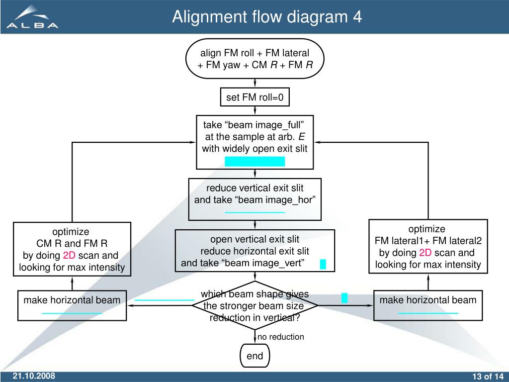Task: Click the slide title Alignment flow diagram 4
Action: [267, 16]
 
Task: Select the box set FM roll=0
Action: [255, 97]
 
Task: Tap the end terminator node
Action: [255, 356]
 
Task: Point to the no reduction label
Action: [281, 337]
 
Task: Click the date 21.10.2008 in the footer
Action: [34, 376]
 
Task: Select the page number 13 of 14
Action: [488, 377]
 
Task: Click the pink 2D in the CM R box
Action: [69, 255]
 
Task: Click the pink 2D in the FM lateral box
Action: [425, 253]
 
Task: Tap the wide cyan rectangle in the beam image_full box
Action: [255, 162]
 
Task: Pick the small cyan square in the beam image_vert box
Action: [323, 264]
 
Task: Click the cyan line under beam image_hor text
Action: [255, 212]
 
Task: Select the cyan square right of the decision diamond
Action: [344, 298]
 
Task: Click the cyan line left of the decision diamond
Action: [165, 300]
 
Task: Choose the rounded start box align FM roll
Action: [255, 59]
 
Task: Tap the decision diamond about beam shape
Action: [255, 306]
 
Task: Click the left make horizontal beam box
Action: [72, 306]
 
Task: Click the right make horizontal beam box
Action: [428, 306]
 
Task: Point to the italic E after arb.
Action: [302, 137]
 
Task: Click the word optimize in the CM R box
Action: [71, 232]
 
